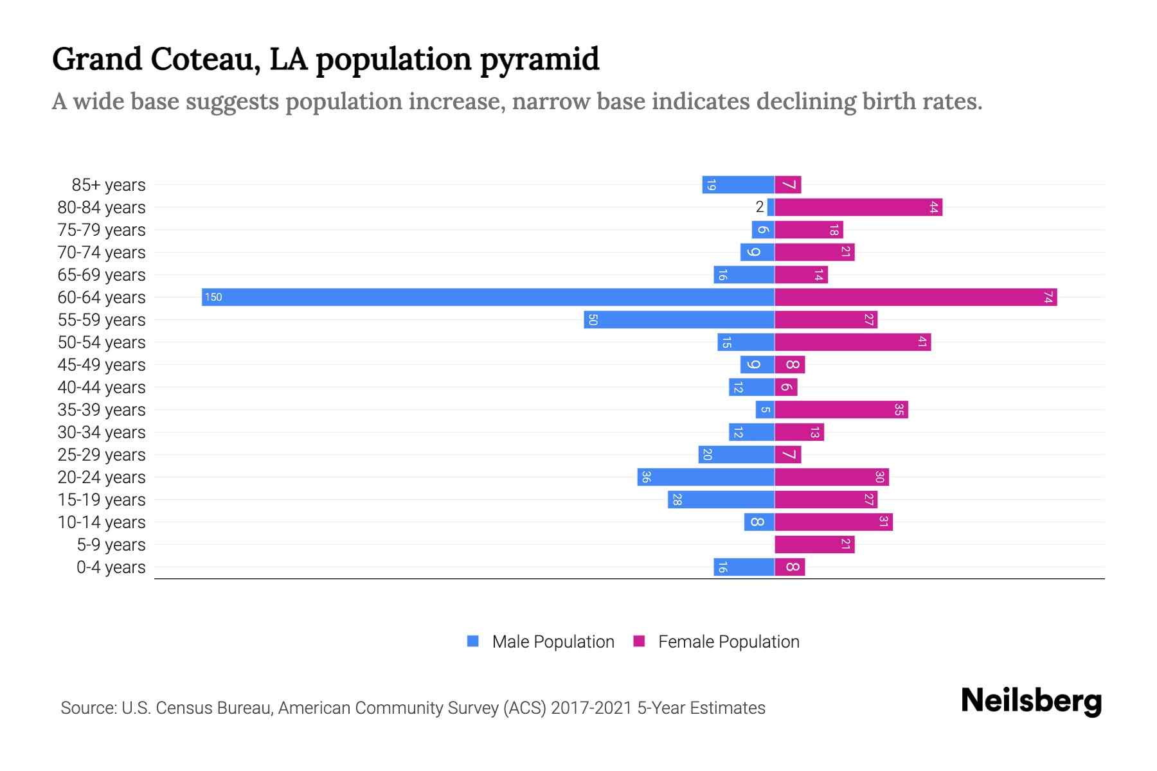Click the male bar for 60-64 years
tap(488, 297)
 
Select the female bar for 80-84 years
tap(858, 207)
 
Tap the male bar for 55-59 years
tap(679, 319)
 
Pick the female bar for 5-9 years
tap(814, 544)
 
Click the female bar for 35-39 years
tap(841, 409)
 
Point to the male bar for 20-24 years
tap(706, 477)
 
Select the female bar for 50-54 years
tap(852, 342)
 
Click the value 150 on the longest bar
tap(213, 297)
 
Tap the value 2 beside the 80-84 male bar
tap(760, 207)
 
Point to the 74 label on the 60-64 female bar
tap(1048, 297)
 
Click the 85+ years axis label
tap(109, 185)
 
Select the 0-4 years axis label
tap(111, 567)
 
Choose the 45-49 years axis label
tap(102, 365)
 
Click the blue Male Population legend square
tap(473, 641)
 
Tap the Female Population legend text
tap(728, 642)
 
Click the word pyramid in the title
tap(540, 59)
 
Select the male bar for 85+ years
tap(738, 185)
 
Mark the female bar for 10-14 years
tap(833, 522)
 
